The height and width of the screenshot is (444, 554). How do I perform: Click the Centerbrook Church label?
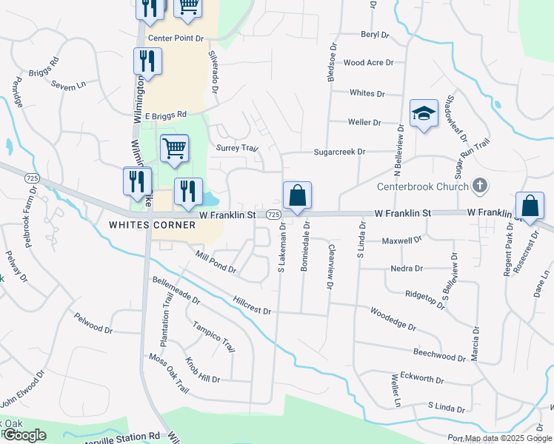[x=423, y=186]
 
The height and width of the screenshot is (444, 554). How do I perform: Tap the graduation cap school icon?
[x=423, y=114]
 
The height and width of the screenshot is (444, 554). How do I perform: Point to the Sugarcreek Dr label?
[x=340, y=151]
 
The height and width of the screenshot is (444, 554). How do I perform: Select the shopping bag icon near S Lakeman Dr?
[x=297, y=196]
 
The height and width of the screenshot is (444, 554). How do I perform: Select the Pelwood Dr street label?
[x=93, y=323]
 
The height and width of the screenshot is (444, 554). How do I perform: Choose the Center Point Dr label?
[x=176, y=38]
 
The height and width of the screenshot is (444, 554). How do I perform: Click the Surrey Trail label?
[x=236, y=148]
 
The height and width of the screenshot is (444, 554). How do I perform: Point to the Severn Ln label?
[x=69, y=87]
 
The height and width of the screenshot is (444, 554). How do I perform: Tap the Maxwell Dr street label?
[x=401, y=240]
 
